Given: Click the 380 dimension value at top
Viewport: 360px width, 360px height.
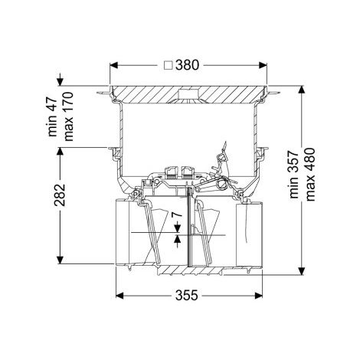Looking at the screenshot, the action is [x=187, y=65].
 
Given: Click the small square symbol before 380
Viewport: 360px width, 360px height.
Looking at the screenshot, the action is [x=169, y=65].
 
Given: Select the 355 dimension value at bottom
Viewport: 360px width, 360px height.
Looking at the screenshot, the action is [x=186, y=296].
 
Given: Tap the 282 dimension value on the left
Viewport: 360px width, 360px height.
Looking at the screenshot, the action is [x=60, y=195].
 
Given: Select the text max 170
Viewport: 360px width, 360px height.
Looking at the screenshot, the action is [x=68, y=116].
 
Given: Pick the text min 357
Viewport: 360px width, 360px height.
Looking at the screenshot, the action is [x=294, y=175].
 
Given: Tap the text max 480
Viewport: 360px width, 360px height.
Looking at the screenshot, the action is [x=310, y=175].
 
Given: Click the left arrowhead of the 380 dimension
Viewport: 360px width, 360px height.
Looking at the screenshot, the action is [x=113, y=65].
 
